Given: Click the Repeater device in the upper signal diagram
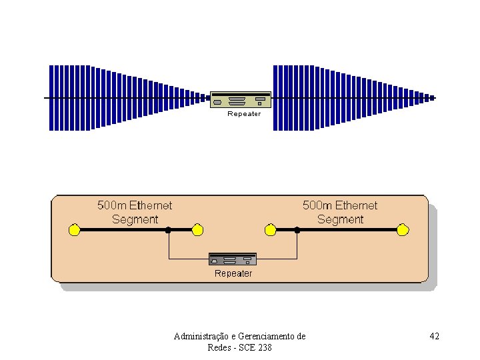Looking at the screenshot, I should click(x=241, y=99).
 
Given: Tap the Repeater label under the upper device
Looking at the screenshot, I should click(x=244, y=114).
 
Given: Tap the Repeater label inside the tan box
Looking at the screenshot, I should click(x=233, y=273).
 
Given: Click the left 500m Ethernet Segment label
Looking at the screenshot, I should click(x=135, y=212).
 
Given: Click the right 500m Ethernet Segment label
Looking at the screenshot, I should click(x=340, y=212).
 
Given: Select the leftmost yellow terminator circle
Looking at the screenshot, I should click(x=75, y=230).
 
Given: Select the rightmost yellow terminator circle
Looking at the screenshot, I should click(x=402, y=230).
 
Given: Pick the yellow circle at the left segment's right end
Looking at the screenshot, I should click(x=197, y=230).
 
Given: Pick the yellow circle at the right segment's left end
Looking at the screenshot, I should click(x=270, y=230).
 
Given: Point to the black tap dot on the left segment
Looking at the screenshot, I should click(x=169, y=230).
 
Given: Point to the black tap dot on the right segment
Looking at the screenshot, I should click(x=297, y=230).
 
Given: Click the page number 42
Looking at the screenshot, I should click(x=434, y=336).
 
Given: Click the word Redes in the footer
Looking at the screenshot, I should click(x=219, y=348).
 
